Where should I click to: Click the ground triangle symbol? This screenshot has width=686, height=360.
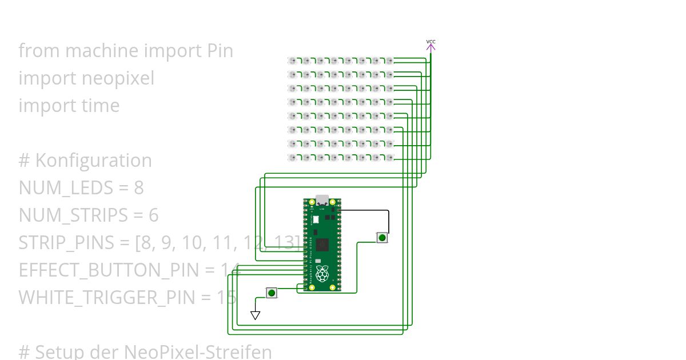pyautogui.click(x=256, y=315)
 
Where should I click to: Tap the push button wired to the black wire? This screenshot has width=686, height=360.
pyautogui.click(x=382, y=237)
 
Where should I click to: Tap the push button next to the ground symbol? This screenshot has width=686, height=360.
pyautogui.click(x=272, y=293)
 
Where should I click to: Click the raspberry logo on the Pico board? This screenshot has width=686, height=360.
pyautogui.click(x=323, y=274)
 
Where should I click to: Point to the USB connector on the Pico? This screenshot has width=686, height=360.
pyautogui.click(x=322, y=200)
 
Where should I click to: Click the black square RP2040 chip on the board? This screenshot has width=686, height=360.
pyautogui.click(x=322, y=245)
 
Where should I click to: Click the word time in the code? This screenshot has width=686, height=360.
pyautogui.click(x=101, y=105)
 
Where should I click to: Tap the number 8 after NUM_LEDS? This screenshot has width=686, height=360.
pyautogui.click(x=138, y=187)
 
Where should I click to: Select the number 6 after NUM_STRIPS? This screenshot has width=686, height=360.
pyautogui.click(x=153, y=215)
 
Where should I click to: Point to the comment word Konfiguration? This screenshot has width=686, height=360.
pyautogui.click(x=94, y=160)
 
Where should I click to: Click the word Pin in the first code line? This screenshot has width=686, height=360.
pyautogui.click(x=220, y=50)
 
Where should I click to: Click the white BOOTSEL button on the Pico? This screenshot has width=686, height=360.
pyautogui.click(x=314, y=219)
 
